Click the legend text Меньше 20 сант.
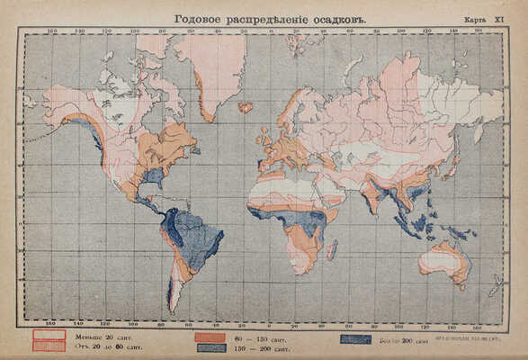pos(100,334)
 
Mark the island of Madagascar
pos(331,249)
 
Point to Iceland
pos(246,107)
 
